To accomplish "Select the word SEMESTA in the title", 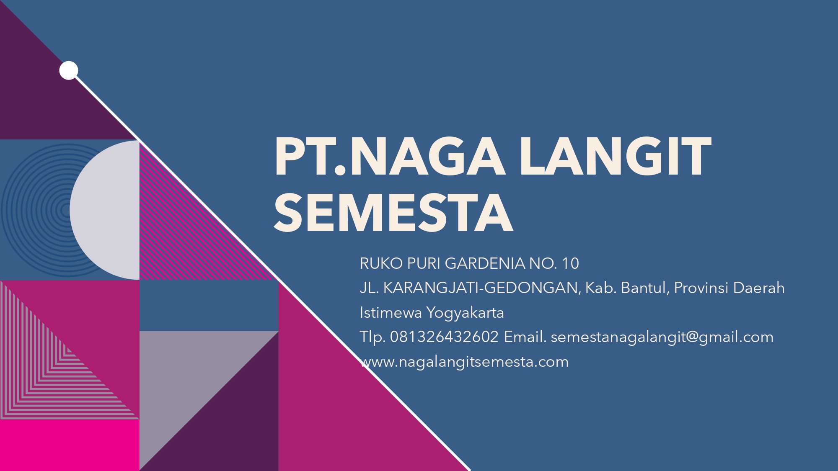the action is [393, 212].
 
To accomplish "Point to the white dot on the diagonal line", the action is [69, 70].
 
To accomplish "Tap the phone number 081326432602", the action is [444, 337].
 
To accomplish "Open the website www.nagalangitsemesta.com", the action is [464, 362].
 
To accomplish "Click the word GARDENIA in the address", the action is [484, 263].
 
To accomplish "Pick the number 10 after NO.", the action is [570, 263].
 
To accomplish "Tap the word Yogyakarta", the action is [465, 313].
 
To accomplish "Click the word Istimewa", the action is [391, 313].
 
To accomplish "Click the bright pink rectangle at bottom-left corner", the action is [70, 445].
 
